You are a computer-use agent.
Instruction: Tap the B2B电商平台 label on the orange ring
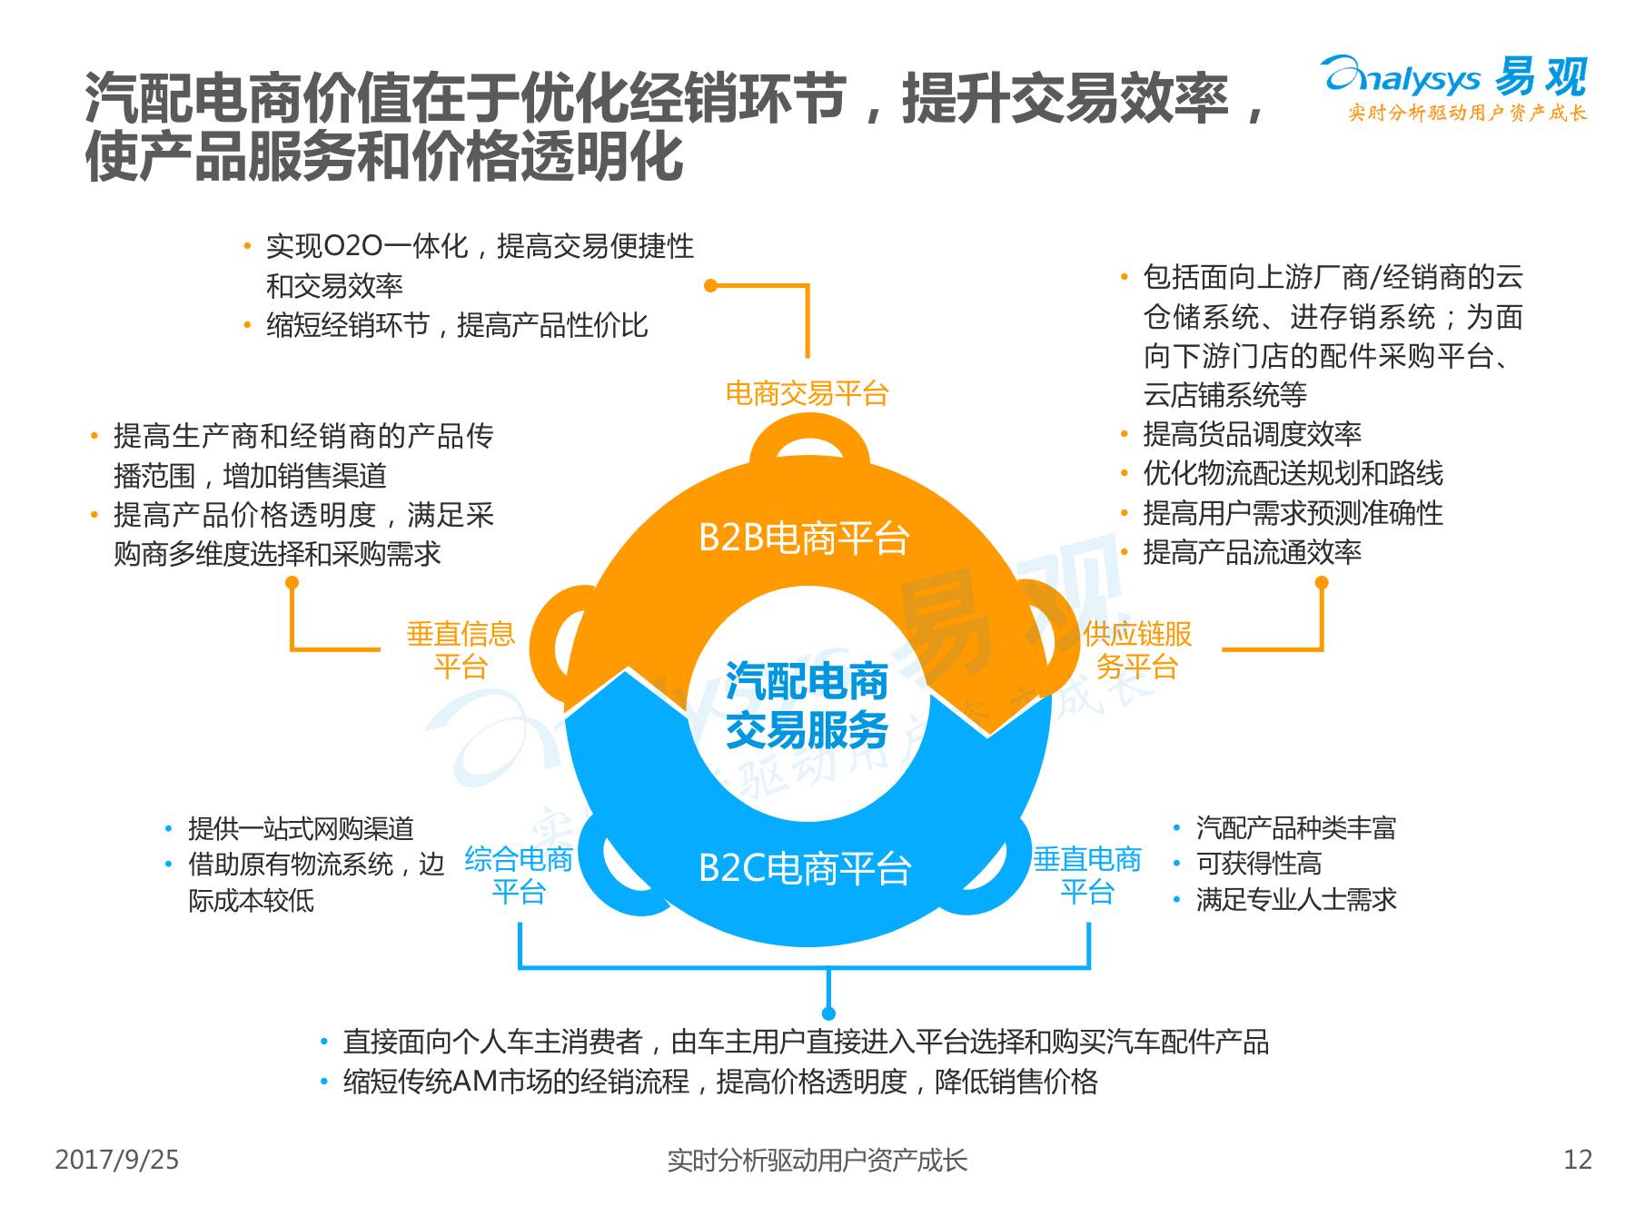click(803, 539)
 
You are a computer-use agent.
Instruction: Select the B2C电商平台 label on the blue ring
click(805, 868)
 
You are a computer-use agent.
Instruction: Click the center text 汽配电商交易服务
click(807, 706)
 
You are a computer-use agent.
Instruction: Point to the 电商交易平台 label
click(807, 393)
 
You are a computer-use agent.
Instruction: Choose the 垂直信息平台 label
click(461, 649)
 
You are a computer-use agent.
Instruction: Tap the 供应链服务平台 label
click(1137, 649)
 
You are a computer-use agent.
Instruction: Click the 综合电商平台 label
click(519, 875)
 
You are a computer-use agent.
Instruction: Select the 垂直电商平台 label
click(1087, 875)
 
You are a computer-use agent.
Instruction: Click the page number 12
click(1578, 1160)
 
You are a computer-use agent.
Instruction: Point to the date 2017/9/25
click(117, 1160)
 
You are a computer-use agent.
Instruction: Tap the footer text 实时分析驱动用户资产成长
click(817, 1160)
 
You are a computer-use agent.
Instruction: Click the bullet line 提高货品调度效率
click(1252, 434)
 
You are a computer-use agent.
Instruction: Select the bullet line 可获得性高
click(1258, 863)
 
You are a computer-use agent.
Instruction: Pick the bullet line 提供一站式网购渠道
click(301, 828)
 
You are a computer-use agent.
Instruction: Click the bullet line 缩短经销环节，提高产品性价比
click(457, 325)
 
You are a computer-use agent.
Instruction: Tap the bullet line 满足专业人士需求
click(1296, 899)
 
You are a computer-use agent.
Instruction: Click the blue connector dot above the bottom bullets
click(827, 1013)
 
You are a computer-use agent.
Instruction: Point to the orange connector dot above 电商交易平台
click(711, 285)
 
